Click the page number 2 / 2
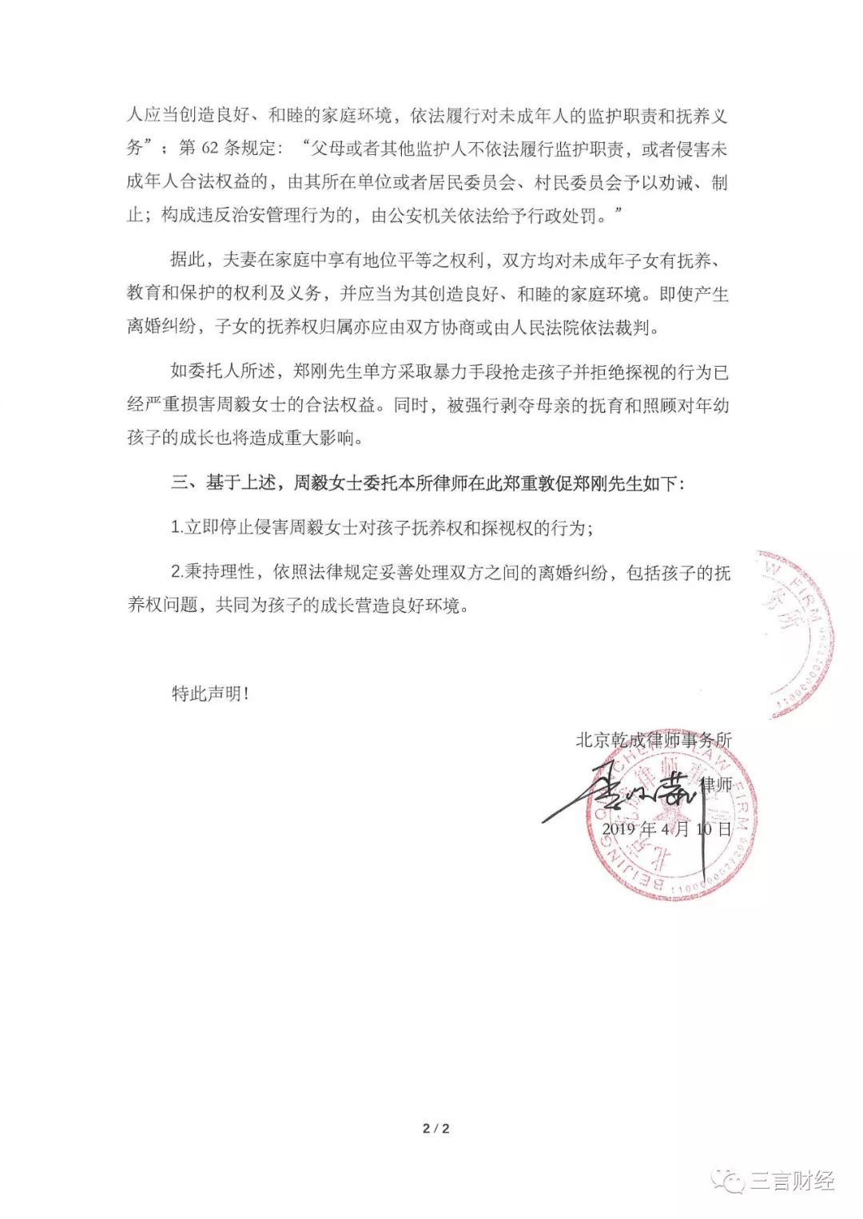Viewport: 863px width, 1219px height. click(x=436, y=1128)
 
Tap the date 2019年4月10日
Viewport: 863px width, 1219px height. click(x=666, y=829)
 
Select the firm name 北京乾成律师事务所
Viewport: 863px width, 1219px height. click(x=654, y=740)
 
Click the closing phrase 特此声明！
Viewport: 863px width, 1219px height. click(x=211, y=693)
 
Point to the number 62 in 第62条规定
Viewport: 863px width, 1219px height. click(x=205, y=149)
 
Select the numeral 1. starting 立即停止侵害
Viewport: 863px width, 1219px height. click(x=177, y=528)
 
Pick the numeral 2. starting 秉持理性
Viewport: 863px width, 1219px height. click(x=177, y=573)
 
